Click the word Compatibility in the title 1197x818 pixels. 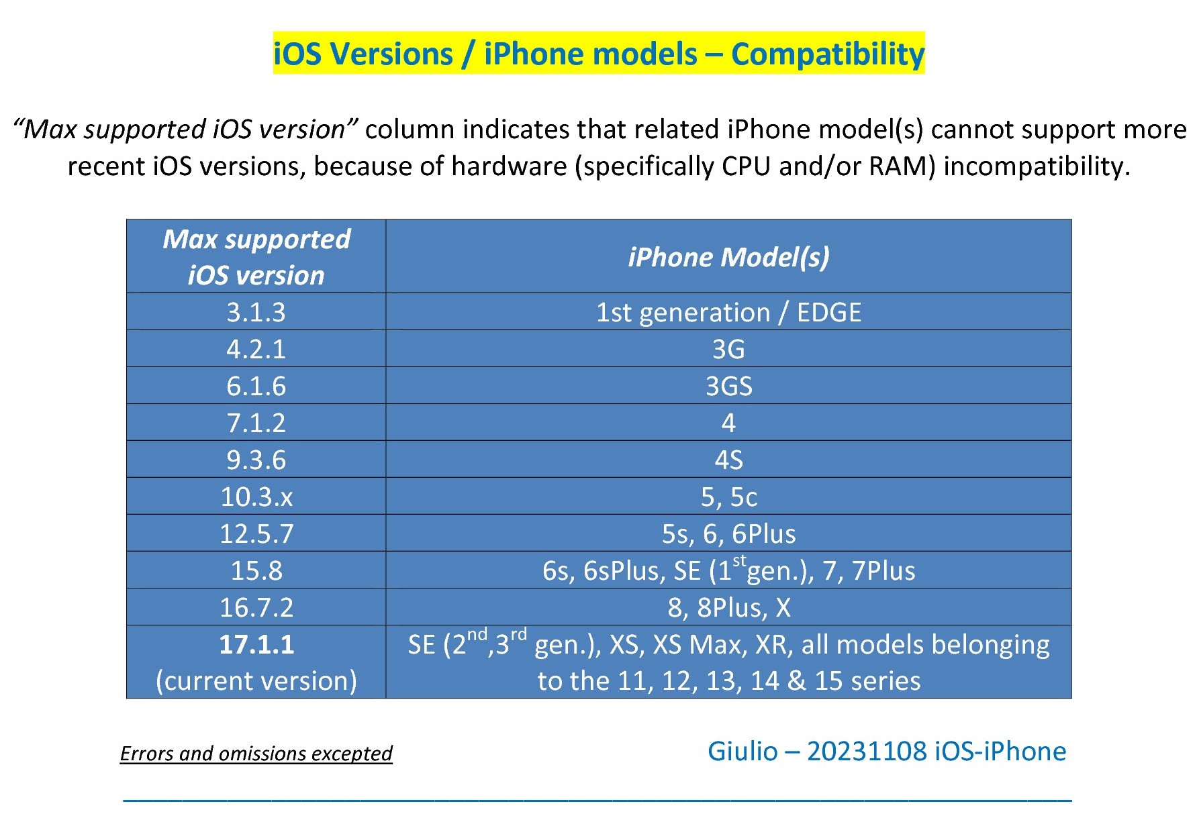[827, 54]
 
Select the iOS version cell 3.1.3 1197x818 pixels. [256, 312]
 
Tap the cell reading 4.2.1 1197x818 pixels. [256, 349]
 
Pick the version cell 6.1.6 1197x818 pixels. [256, 386]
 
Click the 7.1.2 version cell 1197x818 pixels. [256, 423]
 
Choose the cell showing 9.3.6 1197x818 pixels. [256, 460]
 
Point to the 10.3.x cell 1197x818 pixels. [256, 497]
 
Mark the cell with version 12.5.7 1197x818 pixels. [256, 533]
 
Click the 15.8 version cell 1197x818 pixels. [256, 570]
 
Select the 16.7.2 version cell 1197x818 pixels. [256, 607]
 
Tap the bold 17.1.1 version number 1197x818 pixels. [256, 644]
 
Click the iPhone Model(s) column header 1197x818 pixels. [728, 257]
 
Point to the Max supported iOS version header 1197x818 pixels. [256, 257]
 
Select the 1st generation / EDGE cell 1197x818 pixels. [728, 312]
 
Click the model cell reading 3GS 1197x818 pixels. [728, 386]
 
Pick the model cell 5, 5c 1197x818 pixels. [728, 497]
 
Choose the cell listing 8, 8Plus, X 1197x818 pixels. [728, 607]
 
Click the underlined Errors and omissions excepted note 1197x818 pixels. [256, 754]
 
